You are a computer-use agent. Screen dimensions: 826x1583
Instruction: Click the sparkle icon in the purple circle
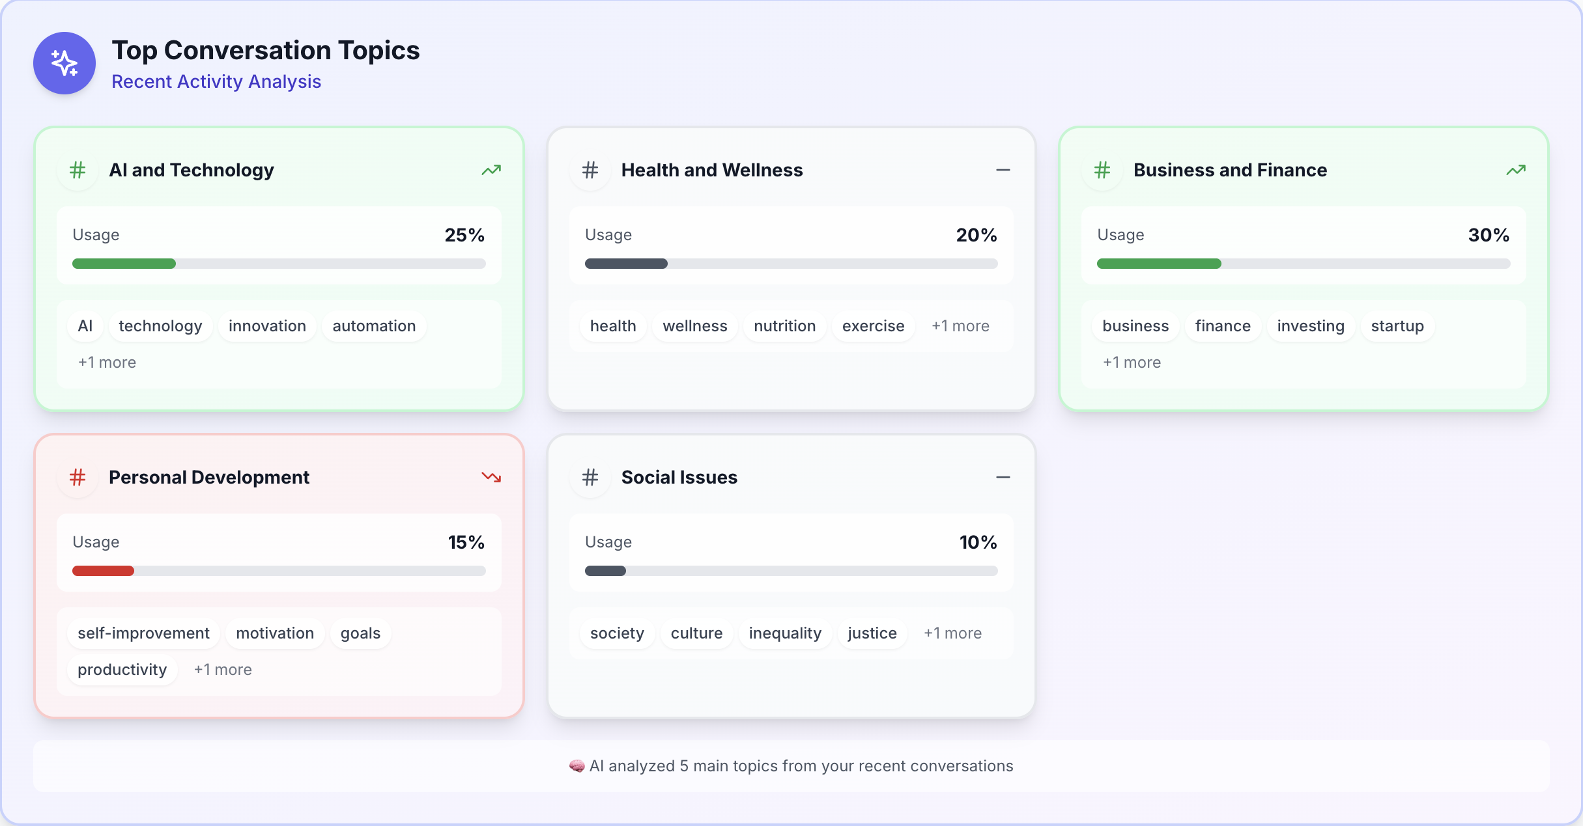[64, 63]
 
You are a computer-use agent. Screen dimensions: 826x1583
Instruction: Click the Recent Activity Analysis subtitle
[216, 81]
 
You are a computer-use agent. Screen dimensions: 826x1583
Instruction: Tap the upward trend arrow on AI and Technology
[491, 170]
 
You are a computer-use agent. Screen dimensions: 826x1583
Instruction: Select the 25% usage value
[464, 235]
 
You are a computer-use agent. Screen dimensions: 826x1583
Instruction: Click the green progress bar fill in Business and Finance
[1158, 264]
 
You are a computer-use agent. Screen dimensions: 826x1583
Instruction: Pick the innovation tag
[267, 326]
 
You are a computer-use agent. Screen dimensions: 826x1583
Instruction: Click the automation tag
[374, 326]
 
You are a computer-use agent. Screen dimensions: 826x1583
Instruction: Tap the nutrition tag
[784, 326]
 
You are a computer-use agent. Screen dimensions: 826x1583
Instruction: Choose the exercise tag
[873, 326]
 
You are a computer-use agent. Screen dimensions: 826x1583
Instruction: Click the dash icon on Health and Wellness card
[1003, 170]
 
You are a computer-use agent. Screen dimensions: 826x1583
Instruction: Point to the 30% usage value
[1489, 235]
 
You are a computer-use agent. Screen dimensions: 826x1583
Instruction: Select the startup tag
[1397, 326]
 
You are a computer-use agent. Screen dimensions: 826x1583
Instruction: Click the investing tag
[1311, 326]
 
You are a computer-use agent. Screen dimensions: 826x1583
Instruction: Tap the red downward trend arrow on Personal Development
[491, 477]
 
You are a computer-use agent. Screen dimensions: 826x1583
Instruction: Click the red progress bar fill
[103, 571]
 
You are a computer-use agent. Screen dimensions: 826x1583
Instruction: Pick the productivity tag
[122, 670]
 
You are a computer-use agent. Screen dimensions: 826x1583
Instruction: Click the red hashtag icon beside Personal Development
[78, 477]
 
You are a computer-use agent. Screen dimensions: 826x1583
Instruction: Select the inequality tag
[785, 633]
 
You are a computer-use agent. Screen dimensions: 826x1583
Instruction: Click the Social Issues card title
[679, 477]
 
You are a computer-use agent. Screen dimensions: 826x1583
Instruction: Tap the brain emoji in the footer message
[577, 766]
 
